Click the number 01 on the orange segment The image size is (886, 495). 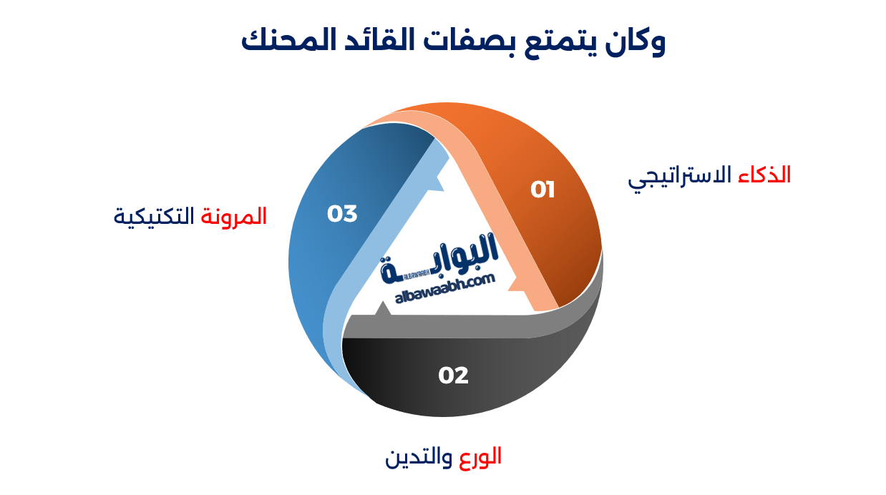542,190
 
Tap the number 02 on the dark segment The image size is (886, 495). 453,375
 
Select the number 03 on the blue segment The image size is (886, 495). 342,213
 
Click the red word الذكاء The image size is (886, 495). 764,175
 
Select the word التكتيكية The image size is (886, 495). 154,216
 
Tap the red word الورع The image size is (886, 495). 479,456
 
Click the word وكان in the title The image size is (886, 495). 633,41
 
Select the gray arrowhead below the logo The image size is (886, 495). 384,309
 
